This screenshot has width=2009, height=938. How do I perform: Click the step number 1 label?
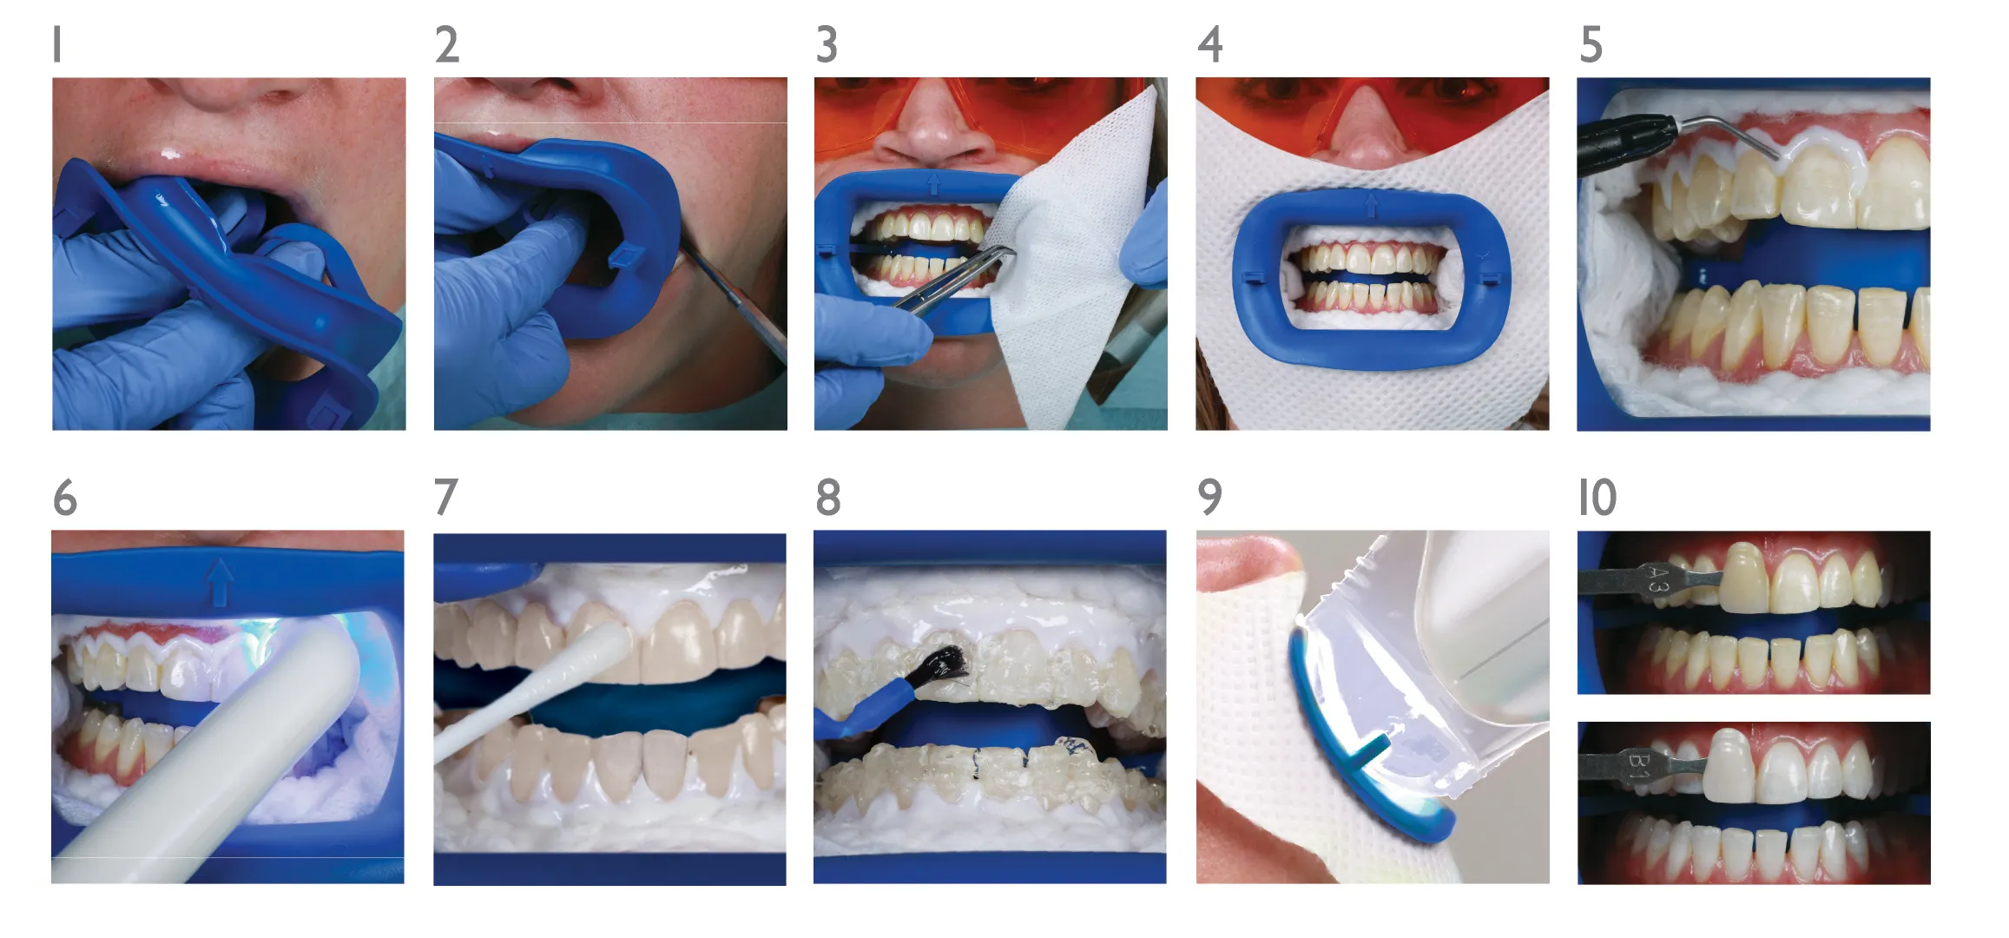[x=57, y=44]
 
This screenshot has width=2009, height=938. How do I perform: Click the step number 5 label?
[x=1591, y=44]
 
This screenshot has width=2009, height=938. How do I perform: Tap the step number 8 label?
[x=828, y=498]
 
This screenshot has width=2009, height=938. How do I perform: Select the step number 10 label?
[x=1597, y=498]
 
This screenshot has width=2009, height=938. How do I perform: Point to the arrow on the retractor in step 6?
[x=220, y=580]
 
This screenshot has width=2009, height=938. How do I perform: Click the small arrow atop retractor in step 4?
[x=1372, y=205]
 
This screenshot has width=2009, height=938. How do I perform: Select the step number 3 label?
[x=827, y=44]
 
